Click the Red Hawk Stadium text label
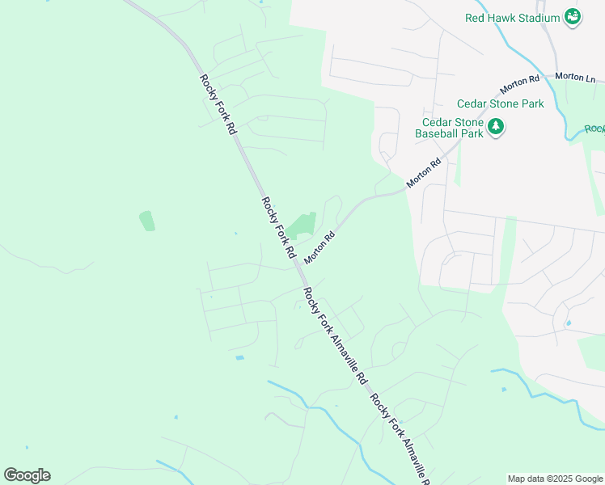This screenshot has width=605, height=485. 513,18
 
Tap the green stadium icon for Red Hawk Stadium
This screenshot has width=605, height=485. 573,17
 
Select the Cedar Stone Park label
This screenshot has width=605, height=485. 500,103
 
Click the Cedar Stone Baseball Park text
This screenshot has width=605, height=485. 449,128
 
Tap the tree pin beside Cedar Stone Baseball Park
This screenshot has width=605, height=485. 495,127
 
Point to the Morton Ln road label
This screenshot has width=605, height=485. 576,77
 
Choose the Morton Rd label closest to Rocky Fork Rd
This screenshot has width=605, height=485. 319,247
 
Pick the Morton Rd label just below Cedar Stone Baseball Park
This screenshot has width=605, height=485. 424,173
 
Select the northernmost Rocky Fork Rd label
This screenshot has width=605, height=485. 218,104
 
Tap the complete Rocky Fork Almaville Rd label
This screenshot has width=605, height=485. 335,335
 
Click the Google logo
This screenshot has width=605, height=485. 27,475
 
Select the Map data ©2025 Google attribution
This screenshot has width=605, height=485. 554,479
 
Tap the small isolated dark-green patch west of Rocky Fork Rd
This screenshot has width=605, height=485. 146,220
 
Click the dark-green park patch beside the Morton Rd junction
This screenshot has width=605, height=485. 302,224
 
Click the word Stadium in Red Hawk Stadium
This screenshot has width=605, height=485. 539,18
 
